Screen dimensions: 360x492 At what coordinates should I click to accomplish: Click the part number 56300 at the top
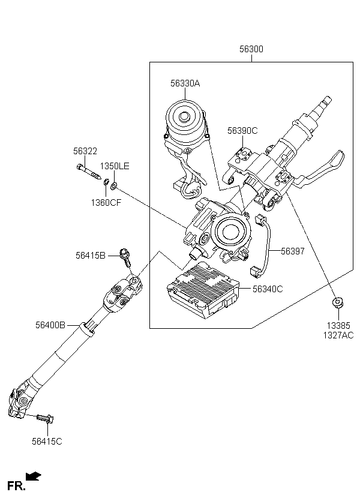(x=251, y=49)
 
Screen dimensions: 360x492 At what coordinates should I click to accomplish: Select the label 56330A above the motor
(x=185, y=83)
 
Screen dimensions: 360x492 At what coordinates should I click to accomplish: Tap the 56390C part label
(x=242, y=131)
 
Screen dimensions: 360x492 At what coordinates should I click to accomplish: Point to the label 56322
(x=85, y=151)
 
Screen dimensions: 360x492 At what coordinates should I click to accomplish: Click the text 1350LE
(x=115, y=166)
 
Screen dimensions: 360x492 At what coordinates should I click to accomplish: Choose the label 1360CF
(x=106, y=203)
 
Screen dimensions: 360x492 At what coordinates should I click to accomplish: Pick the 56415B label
(x=91, y=256)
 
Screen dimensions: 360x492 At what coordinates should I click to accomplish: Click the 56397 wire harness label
(x=293, y=251)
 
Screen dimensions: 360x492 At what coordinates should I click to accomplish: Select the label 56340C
(x=268, y=289)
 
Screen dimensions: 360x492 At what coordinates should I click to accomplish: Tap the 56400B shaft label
(x=50, y=325)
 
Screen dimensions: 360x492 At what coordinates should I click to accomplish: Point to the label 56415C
(x=47, y=442)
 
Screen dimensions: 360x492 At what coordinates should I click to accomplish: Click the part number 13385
(x=338, y=326)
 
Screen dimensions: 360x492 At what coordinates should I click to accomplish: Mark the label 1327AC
(x=338, y=335)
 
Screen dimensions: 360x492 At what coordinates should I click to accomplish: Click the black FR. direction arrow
(x=33, y=476)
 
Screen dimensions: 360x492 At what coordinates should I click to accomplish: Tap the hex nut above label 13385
(x=338, y=302)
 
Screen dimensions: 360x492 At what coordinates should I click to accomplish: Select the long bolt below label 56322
(x=89, y=172)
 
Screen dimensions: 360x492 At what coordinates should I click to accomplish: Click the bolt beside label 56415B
(x=125, y=257)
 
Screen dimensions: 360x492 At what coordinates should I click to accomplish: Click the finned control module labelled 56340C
(x=203, y=290)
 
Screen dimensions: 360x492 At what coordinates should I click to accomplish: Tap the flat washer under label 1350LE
(x=113, y=187)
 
